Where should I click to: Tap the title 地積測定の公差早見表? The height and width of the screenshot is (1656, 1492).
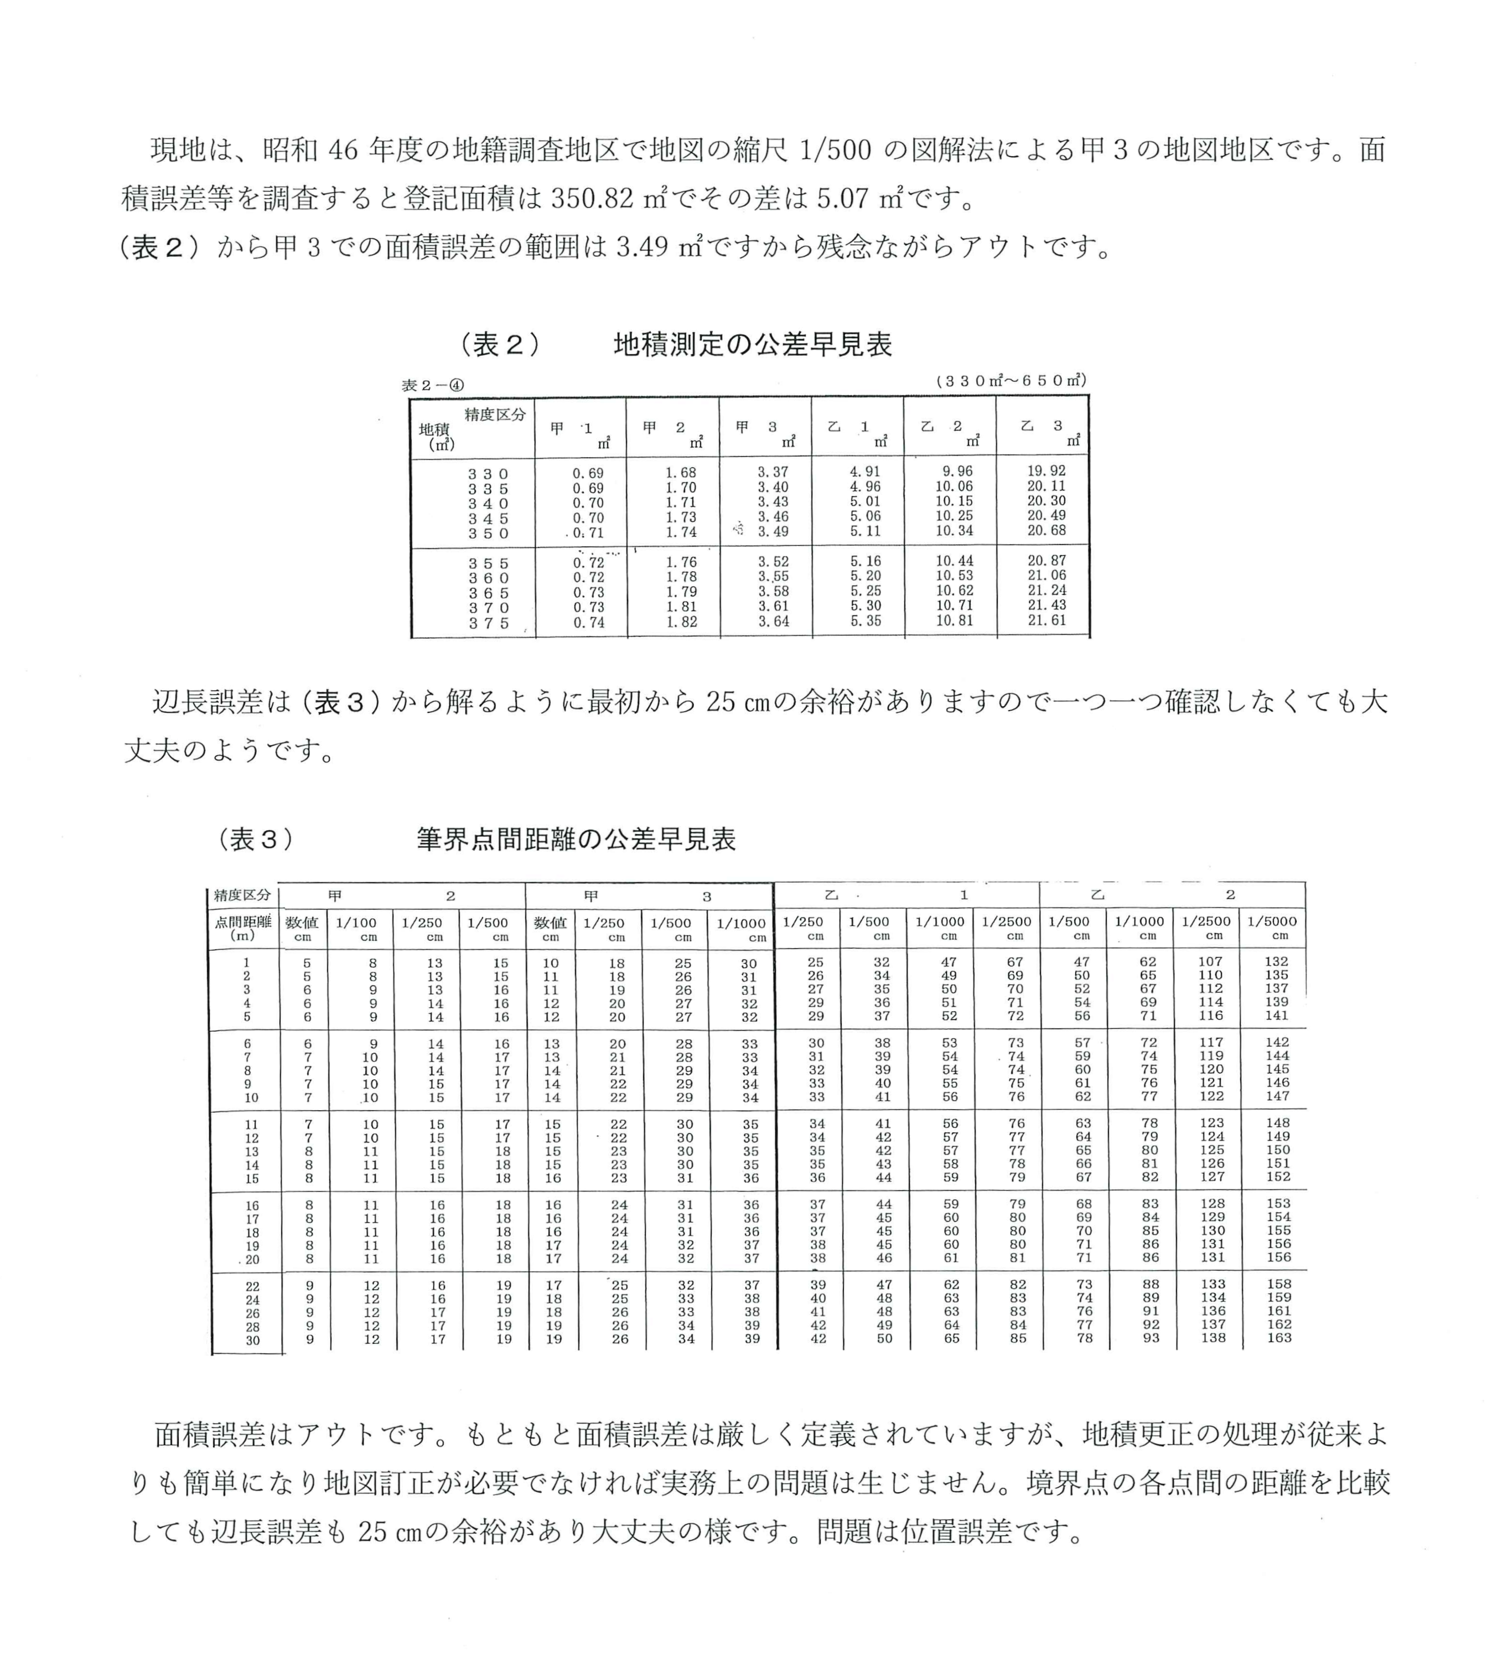[x=753, y=344]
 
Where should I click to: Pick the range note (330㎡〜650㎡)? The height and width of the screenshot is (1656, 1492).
[x=1010, y=380]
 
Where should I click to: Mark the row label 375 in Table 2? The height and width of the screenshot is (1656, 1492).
[x=489, y=623]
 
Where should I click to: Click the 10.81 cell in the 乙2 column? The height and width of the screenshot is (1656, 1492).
[x=954, y=620]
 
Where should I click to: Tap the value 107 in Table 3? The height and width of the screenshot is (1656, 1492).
[x=1211, y=961]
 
